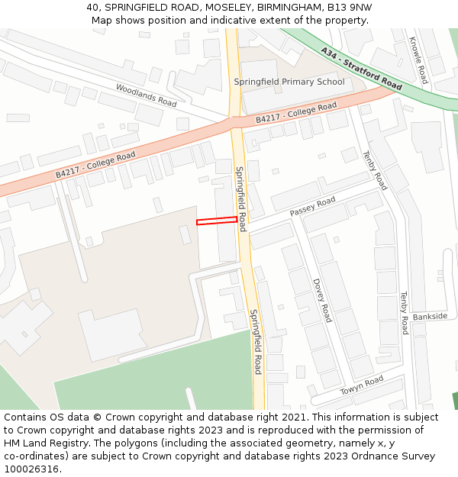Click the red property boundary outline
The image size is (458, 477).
(x=217, y=221)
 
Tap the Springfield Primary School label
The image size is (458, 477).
(x=289, y=82)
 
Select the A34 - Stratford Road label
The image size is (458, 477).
(x=361, y=69)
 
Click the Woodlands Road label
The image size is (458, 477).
(x=146, y=95)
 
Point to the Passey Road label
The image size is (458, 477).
(x=312, y=205)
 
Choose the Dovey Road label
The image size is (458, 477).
(x=322, y=300)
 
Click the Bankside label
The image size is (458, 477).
(x=430, y=316)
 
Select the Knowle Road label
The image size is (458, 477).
(x=419, y=60)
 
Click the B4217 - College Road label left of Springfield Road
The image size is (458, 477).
(x=95, y=165)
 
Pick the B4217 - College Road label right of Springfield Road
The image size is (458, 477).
(x=295, y=113)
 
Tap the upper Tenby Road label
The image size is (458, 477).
(x=376, y=170)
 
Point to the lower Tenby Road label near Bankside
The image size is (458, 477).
(x=405, y=312)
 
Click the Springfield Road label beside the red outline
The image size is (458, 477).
(x=240, y=198)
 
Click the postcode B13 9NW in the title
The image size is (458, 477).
(x=349, y=7)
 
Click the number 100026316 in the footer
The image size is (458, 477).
(x=31, y=469)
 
